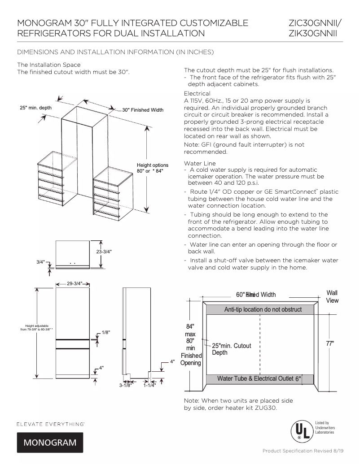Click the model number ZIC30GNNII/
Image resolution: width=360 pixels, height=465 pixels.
pyautogui.click(x=314, y=23)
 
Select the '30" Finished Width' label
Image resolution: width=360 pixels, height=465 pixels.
pyautogui.click(x=143, y=110)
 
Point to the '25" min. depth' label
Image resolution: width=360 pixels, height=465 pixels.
pyautogui.click(x=35, y=108)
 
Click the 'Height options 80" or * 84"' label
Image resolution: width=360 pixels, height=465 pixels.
pyautogui.click(x=152, y=168)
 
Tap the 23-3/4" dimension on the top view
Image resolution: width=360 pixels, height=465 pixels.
pyautogui.click(x=104, y=252)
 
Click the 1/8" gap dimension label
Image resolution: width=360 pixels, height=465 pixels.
pyautogui.click(x=106, y=332)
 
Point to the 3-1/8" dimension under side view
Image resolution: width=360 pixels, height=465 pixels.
pyautogui.click(x=125, y=385)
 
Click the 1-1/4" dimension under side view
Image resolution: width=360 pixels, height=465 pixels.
pyautogui.click(x=149, y=385)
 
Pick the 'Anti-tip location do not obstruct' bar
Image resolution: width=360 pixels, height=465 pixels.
pyautogui.click(x=263, y=309)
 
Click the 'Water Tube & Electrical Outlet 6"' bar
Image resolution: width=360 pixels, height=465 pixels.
pyautogui.click(x=259, y=379)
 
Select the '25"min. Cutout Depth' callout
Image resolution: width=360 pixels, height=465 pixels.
pyautogui.click(x=231, y=349)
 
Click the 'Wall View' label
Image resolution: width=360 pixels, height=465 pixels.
pyautogui.click(x=332, y=296)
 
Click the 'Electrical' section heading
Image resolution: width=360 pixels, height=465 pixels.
pyautogui.click(x=194, y=93)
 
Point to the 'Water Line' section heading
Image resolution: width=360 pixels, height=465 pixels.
pyautogui.click(x=197, y=163)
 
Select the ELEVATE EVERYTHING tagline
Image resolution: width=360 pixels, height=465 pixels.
pyautogui.click(x=51, y=423)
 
